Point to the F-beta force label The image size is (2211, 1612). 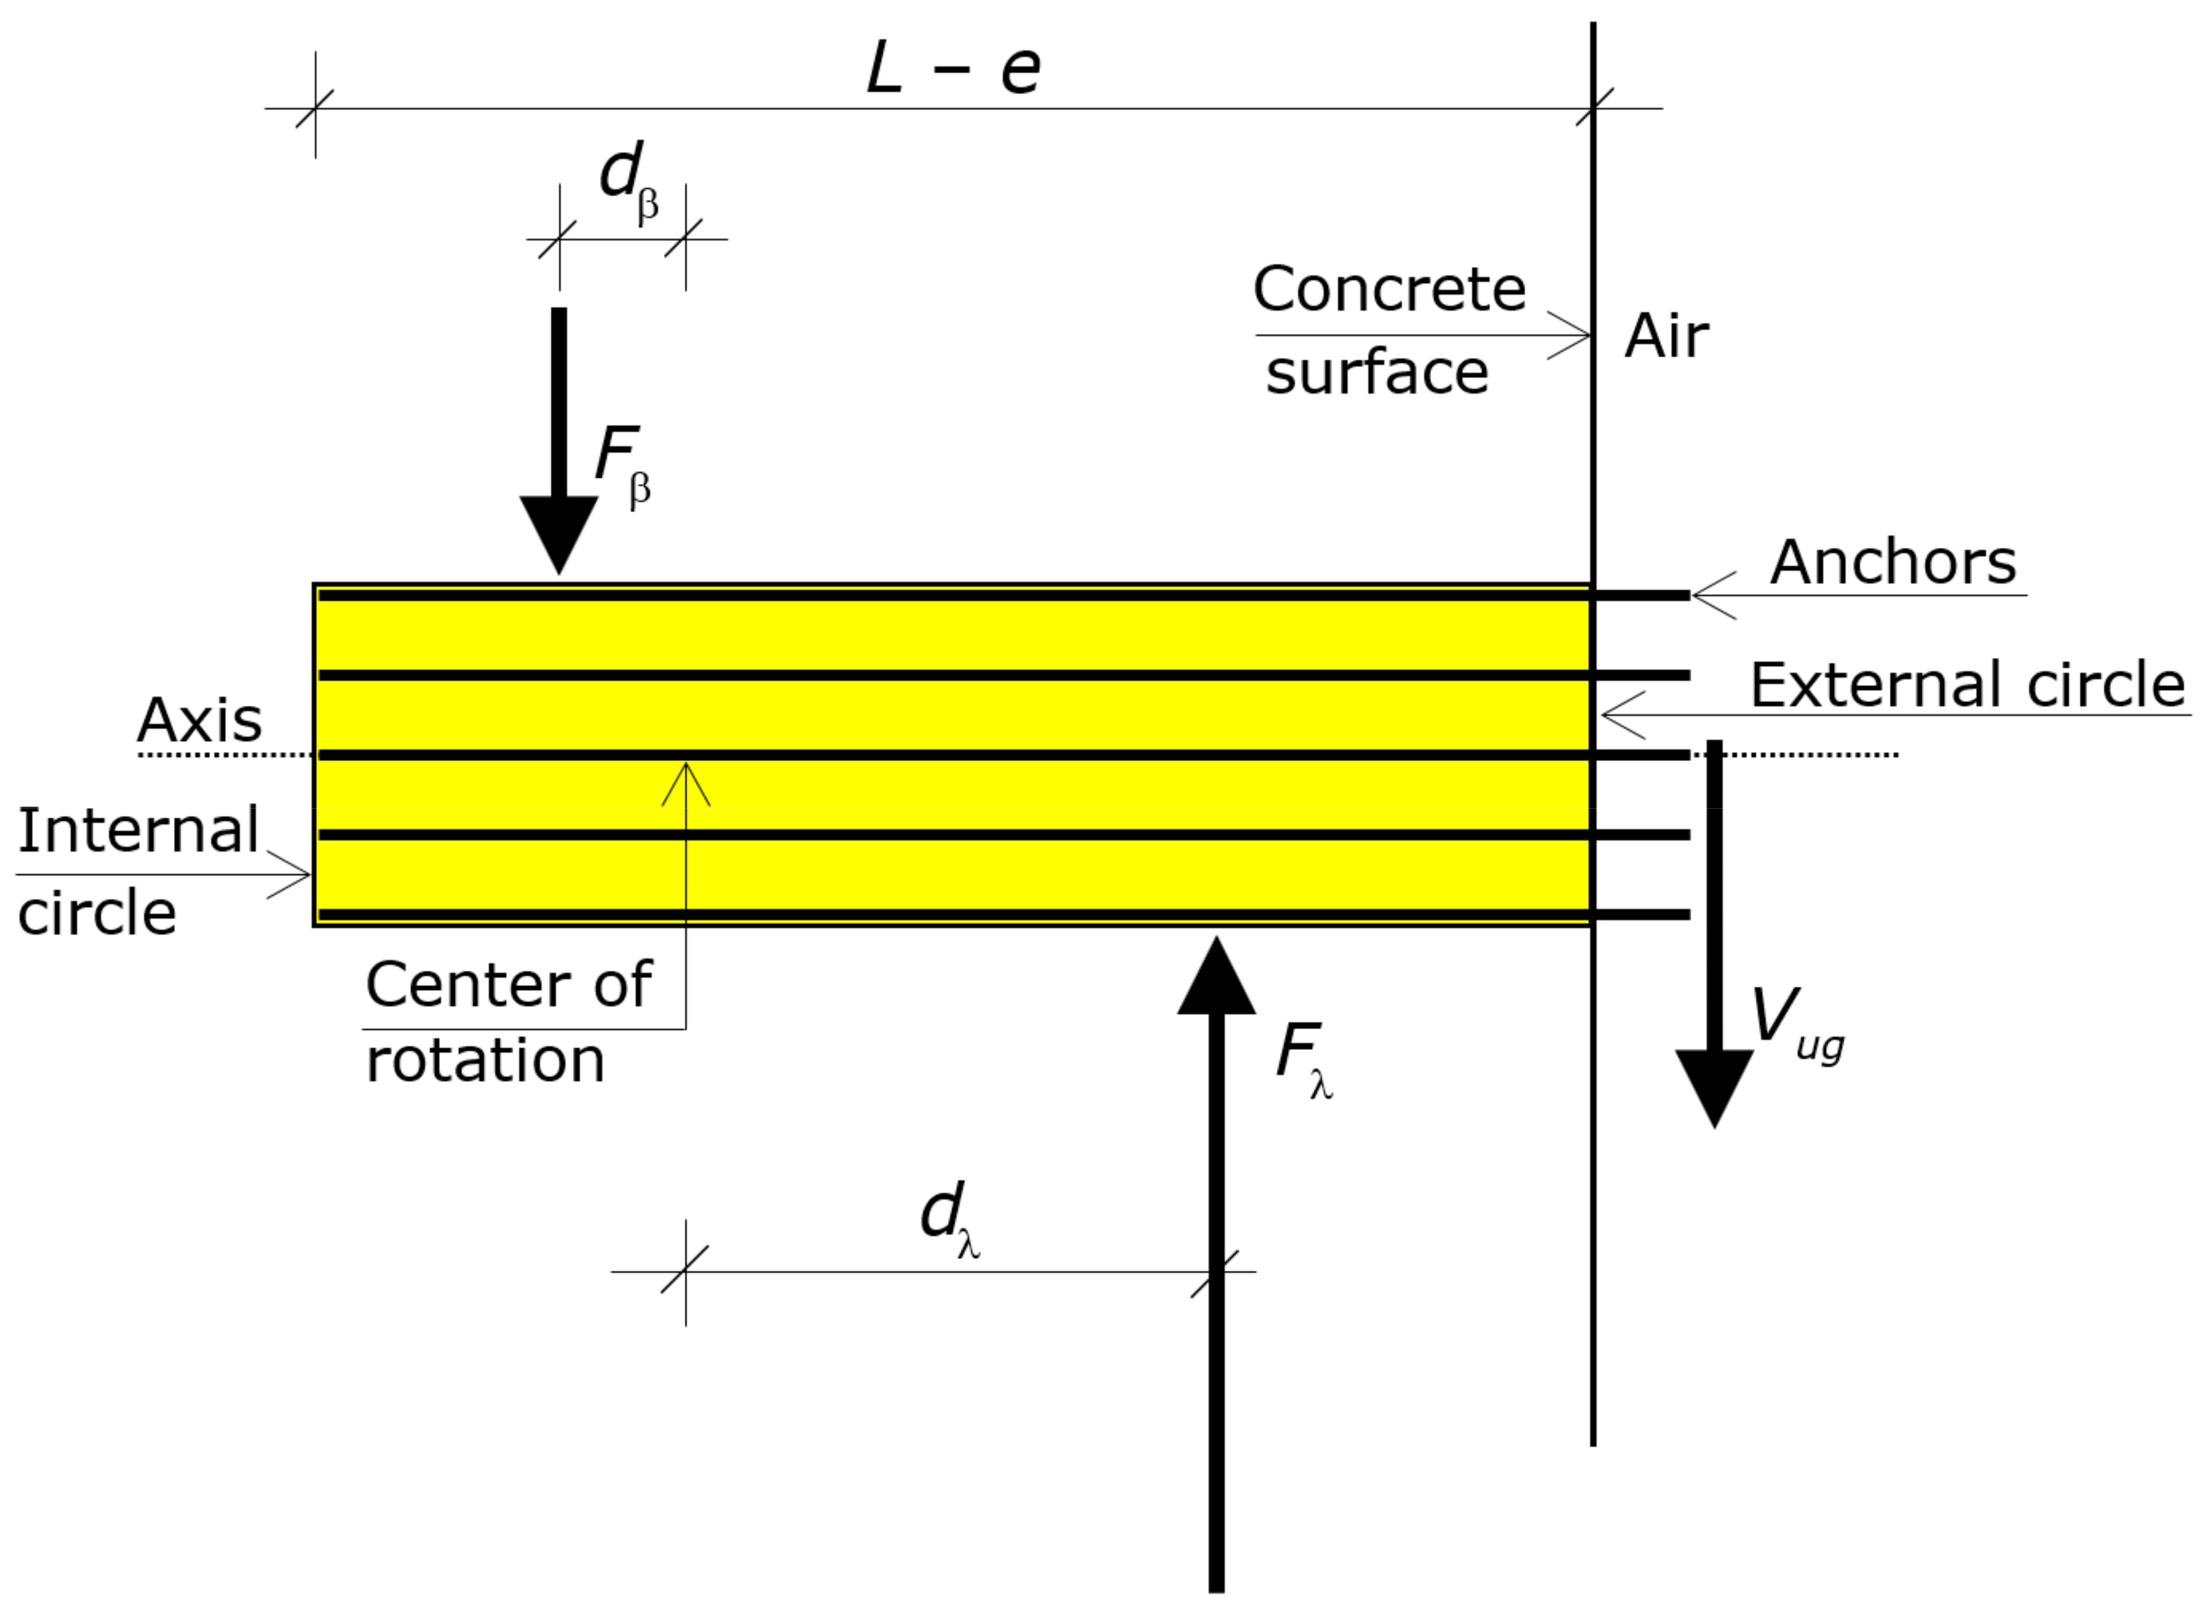pos(622,463)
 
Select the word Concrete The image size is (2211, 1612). pos(1390,290)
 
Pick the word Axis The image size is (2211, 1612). pos(199,721)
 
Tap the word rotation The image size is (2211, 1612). pos(485,1060)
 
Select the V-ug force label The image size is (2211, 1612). pos(1795,1024)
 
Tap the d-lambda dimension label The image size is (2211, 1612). pos(950,1220)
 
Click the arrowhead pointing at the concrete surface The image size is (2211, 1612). pos(1583,335)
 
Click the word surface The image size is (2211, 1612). pos(1377,374)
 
